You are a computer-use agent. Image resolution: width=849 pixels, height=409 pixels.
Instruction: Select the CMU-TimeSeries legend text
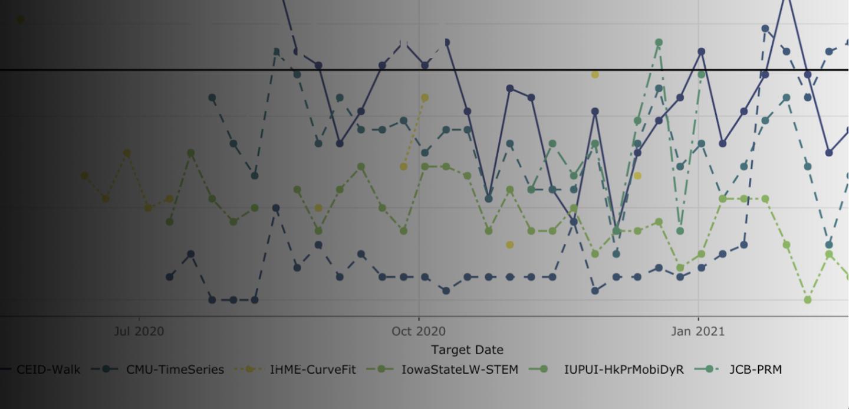pyautogui.click(x=175, y=370)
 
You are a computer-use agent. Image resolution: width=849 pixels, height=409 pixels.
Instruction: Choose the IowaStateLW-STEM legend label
pyautogui.click(x=460, y=370)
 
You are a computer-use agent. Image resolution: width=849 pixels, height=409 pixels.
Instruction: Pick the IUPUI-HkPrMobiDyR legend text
pyautogui.click(x=624, y=370)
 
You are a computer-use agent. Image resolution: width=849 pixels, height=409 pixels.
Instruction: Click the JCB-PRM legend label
pyautogui.click(x=755, y=370)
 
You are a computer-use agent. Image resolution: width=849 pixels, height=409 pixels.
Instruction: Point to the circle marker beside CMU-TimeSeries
pyautogui.click(x=106, y=369)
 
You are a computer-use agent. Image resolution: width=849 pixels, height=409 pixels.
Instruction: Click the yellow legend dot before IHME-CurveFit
pyautogui.click(x=250, y=369)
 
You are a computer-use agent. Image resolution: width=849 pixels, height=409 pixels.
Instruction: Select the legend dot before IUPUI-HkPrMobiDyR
pyautogui.click(x=543, y=369)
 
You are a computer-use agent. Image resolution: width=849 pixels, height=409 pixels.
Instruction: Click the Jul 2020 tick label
pyautogui.click(x=139, y=332)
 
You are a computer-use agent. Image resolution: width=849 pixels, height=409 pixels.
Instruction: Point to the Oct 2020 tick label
pyautogui.click(x=419, y=332)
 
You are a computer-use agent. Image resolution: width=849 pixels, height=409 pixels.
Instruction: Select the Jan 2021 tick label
pyautogui.click(x=698, y=332)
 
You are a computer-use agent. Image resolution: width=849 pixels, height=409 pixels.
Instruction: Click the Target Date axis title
pyautogui.click(x=467, y=349)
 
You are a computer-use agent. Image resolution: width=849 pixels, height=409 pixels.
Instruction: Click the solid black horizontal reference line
pyautogui.click(x=177, y=70)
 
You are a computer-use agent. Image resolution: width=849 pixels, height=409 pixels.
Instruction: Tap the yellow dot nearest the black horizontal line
pyautogui.click(x=595, y=74)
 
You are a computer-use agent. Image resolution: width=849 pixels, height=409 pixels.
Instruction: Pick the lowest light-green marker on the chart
pyautogui.click(x=808, y=300)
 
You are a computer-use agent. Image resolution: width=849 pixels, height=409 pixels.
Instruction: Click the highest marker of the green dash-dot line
pyautogui.click(x=659, y=42)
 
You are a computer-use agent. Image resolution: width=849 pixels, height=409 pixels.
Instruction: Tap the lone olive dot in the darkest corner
pyautogui.click(x=21, y=19)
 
